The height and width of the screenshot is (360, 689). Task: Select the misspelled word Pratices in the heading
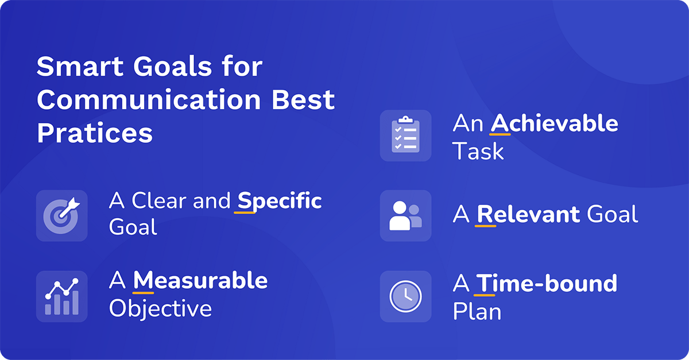95,133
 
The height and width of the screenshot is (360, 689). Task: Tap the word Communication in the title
149,100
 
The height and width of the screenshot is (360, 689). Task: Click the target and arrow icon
62,215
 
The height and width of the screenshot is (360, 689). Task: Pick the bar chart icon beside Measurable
62,296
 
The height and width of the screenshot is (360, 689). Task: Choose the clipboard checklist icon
405,136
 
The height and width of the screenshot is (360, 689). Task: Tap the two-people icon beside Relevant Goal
405,215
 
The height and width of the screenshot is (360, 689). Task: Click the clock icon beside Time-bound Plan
405,296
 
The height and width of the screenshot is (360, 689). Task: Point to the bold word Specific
280,202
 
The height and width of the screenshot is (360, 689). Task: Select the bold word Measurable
200,281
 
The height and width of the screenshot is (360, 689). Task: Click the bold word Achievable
554,123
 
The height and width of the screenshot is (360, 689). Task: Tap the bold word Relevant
528,215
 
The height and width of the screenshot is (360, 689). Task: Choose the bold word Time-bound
547,283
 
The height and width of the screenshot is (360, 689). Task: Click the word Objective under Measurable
160,309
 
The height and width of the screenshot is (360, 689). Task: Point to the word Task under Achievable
478,152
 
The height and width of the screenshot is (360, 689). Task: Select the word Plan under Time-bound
477,311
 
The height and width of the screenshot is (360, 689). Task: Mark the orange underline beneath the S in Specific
245,212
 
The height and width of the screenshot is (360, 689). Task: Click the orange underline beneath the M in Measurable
144,292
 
